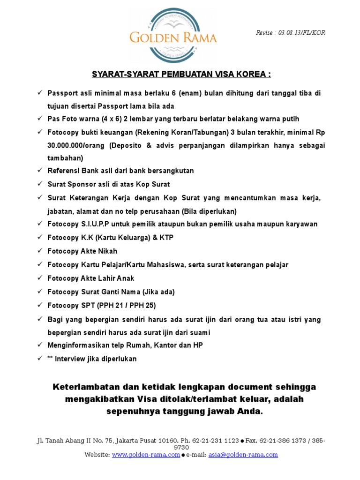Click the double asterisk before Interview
click(x=50, y=359)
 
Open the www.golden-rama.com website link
click(x=146, y=455)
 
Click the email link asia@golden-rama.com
click(x=243, y=455)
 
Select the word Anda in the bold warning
click(x=250, y=412)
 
